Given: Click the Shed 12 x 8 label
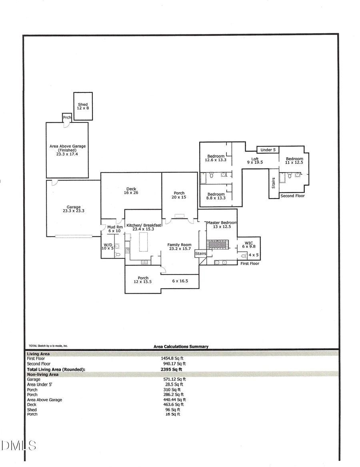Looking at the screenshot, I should (x=83, y=106).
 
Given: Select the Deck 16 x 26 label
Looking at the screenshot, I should (x=131, y=191).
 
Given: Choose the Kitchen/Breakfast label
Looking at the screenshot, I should (x=144, y=227).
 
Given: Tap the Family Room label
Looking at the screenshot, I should (x=179, y=247).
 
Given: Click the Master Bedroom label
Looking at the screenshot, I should (x=222, y=225).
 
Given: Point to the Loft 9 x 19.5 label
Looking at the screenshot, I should (x=255, y=161).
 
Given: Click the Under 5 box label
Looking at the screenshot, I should (x=268, y=150).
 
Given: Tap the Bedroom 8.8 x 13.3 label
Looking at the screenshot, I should (x=216, y=196).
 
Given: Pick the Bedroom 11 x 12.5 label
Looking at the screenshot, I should (x=294, y=161).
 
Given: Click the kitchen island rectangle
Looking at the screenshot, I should (x=143, y=241).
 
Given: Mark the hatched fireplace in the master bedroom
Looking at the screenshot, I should (x=217, y=244).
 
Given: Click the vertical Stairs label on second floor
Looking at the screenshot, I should (x=274, y=183).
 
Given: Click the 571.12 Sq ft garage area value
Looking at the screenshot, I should (x=174, y=379).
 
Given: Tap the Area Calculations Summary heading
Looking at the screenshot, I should (x=181, y=347).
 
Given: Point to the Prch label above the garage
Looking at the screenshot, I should (x=67, y=118).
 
